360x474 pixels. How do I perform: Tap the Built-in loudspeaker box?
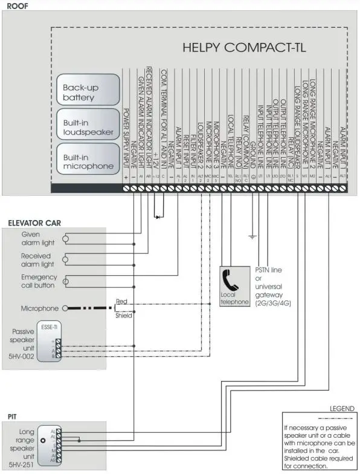[85, 126]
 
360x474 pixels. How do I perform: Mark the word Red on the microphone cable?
[122, 300]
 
